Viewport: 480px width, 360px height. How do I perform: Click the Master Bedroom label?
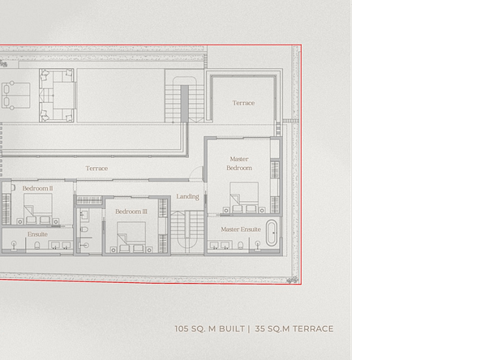239,164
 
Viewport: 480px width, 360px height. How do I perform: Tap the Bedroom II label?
37,188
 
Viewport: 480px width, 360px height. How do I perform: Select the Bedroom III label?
131,212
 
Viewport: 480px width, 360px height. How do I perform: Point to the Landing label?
187,196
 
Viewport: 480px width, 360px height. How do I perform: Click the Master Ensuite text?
241,229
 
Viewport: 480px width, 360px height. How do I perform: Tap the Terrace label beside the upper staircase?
243,103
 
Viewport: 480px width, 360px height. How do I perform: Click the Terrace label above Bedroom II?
96,169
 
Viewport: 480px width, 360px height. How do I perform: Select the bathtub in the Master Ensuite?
272,233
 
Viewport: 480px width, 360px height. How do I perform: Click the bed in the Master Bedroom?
244,198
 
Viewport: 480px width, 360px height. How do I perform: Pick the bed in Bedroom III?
131,237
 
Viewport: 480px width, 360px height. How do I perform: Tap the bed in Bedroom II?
37,208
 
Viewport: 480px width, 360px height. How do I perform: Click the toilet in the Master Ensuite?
241,245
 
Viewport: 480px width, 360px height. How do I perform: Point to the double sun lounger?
16,95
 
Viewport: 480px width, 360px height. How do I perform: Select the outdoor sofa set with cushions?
57,95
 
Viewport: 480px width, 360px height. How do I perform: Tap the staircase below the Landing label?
187,232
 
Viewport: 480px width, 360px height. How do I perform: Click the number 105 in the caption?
182,328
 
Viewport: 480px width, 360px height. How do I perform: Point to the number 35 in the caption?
259,328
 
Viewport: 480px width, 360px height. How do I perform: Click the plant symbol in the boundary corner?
293,280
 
